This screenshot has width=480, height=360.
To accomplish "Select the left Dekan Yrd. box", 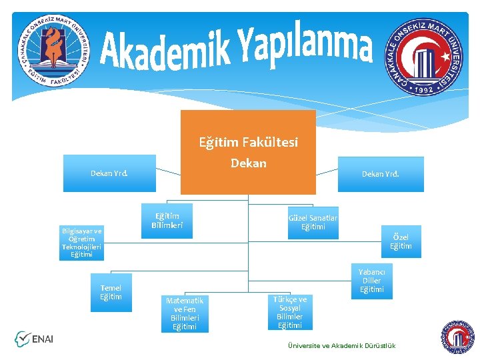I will point(109,173).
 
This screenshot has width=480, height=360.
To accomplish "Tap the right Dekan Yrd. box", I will point(381,174).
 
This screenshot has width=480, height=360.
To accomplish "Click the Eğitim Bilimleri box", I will point(167,221).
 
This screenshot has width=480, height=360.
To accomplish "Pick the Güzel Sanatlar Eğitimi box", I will point(313,222).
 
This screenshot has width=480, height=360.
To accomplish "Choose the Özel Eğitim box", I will point(401,241).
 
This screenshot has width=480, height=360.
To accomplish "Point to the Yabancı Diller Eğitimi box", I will point(371,281).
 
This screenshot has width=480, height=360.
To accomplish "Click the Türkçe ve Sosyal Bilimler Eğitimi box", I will point(290,313).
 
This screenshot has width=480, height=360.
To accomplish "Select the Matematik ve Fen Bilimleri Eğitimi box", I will point(185,313).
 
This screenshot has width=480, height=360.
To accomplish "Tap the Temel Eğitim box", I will point(111,292).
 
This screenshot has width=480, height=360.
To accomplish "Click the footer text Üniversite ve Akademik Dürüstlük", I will point(341,345).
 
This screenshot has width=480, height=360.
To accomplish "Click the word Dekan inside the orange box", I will point(248,163).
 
